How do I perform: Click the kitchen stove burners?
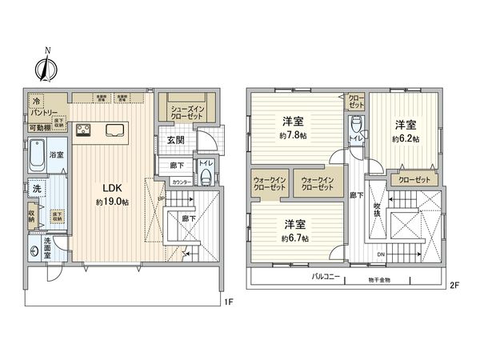84,130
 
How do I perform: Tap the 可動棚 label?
41,127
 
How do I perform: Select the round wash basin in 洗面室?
34,250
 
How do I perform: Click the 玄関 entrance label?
177,140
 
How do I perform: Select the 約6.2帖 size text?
404,138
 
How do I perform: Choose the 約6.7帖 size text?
290,238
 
